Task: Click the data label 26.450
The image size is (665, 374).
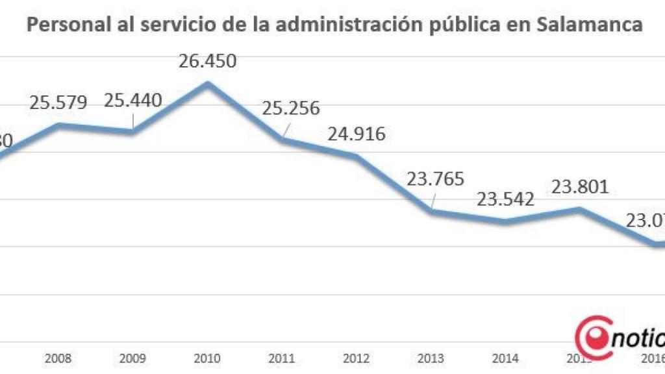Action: (x=207, y=62)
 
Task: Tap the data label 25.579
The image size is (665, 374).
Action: (x=58, y=103)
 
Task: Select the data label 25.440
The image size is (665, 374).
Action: (x=132, y=101)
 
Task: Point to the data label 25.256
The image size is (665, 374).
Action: (x=291, y=108)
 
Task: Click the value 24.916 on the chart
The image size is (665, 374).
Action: (x=356, y=134)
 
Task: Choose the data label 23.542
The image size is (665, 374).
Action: (x=505, y=198)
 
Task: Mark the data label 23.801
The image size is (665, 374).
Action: (x=579, y=187)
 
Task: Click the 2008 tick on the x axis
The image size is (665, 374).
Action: (x=58, y=358)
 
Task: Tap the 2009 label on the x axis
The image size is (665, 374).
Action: (x=132, y=358)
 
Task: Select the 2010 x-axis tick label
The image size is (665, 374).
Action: (x=207, y=358)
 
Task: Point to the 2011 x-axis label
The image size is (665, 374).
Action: (x=282, y=358)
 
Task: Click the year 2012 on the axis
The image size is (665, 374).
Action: (x=356, y=358)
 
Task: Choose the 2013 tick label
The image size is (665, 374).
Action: (x=431, y=358)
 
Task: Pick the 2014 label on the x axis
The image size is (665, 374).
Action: (x=505, y=358)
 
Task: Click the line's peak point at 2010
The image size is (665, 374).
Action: (x=207, y=83)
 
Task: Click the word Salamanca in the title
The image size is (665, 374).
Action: (x=591, y=25)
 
